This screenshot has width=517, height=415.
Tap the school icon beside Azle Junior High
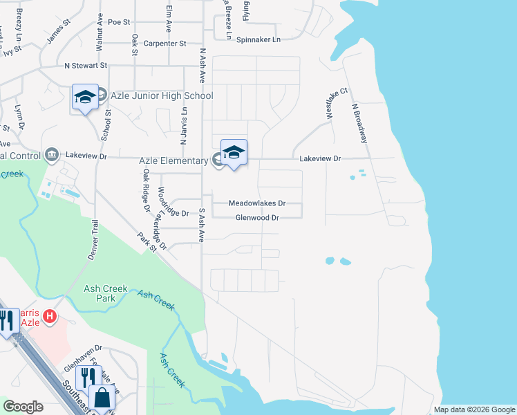85,98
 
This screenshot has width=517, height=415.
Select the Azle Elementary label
173,160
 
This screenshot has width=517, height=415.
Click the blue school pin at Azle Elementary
234,153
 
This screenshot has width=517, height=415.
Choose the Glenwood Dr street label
256,217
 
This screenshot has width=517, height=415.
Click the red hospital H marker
49,317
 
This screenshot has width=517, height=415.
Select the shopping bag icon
102,398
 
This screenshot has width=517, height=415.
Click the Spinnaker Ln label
258,39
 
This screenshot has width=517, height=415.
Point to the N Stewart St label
86,66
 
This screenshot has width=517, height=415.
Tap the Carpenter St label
165,43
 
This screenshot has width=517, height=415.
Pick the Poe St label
119,22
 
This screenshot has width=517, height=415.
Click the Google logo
23,407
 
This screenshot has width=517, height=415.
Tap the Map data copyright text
474,409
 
